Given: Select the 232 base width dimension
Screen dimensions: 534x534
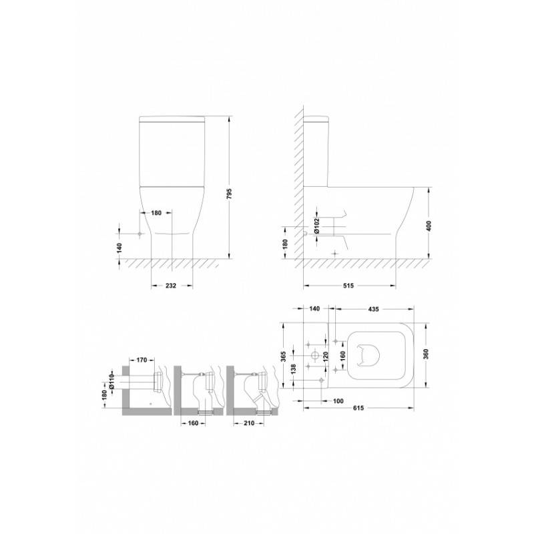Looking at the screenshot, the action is pos(171,286).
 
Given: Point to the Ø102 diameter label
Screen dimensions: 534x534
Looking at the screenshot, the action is pos(317,226).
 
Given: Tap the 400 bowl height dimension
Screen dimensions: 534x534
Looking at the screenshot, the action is pos(429,226).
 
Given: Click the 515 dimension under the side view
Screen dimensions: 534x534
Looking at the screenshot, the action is pos(348,286).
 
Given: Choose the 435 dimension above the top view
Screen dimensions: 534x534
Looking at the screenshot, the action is pos(373,309).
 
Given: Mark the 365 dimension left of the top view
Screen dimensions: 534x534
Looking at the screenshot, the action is pos(284,356).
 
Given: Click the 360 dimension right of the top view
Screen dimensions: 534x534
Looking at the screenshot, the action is pos(426,354).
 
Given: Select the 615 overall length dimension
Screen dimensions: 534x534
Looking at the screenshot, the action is pos(358,408).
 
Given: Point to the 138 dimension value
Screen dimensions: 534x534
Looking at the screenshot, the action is pos(294,370).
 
